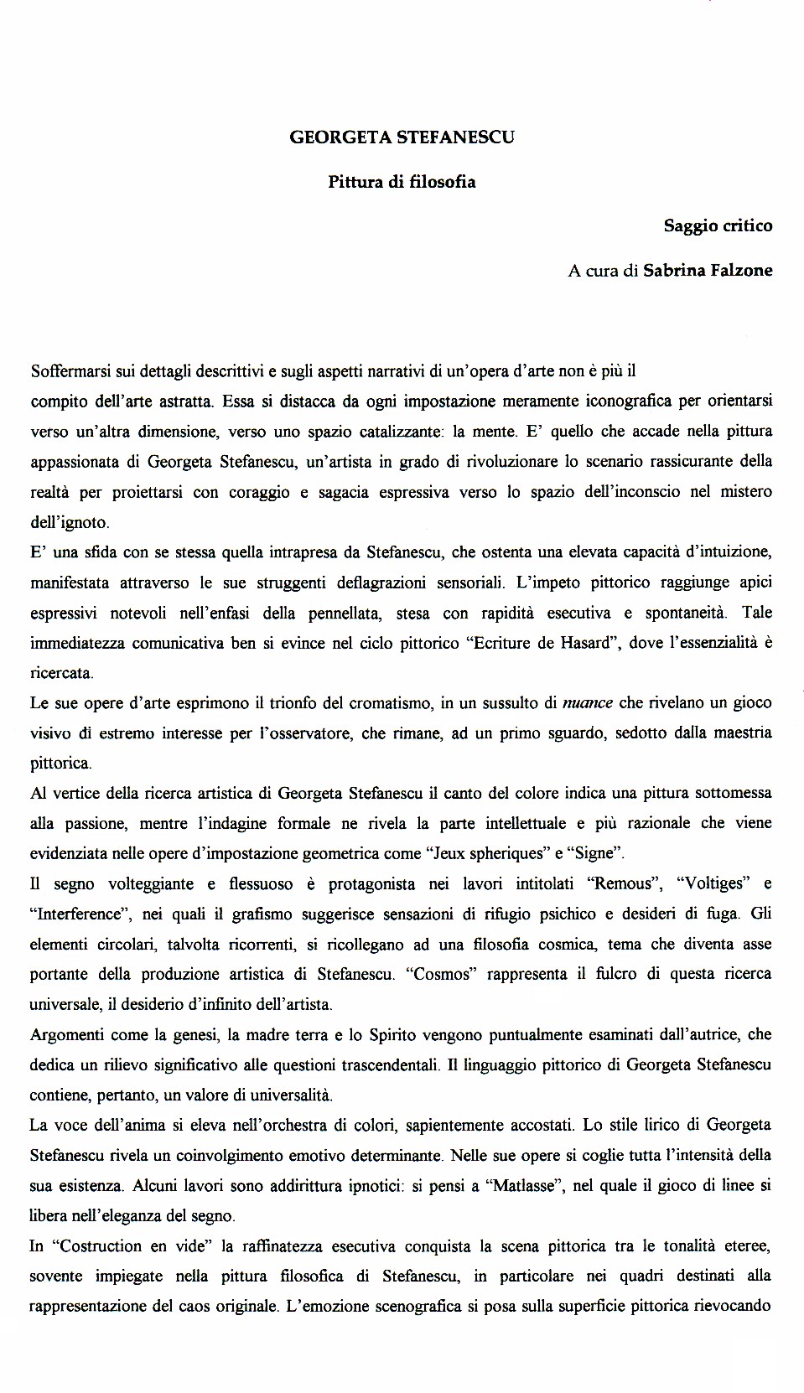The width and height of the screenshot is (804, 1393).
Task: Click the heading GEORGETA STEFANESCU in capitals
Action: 402,137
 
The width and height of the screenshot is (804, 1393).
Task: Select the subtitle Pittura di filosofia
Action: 402,182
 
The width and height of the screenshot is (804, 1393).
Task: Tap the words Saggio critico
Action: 718,225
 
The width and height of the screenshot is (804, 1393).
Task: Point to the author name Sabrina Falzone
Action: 708,271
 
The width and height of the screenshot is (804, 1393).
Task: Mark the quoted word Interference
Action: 77,914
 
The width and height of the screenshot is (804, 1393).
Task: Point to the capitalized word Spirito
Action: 394,1035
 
